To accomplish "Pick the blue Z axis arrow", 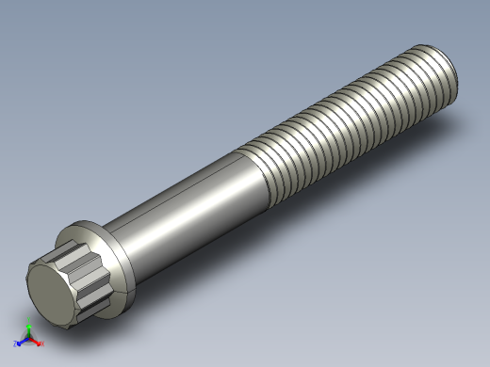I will (x=21, y=343).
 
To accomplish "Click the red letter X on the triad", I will (x=42, y=344).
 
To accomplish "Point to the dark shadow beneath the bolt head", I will (x=104, y=315).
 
